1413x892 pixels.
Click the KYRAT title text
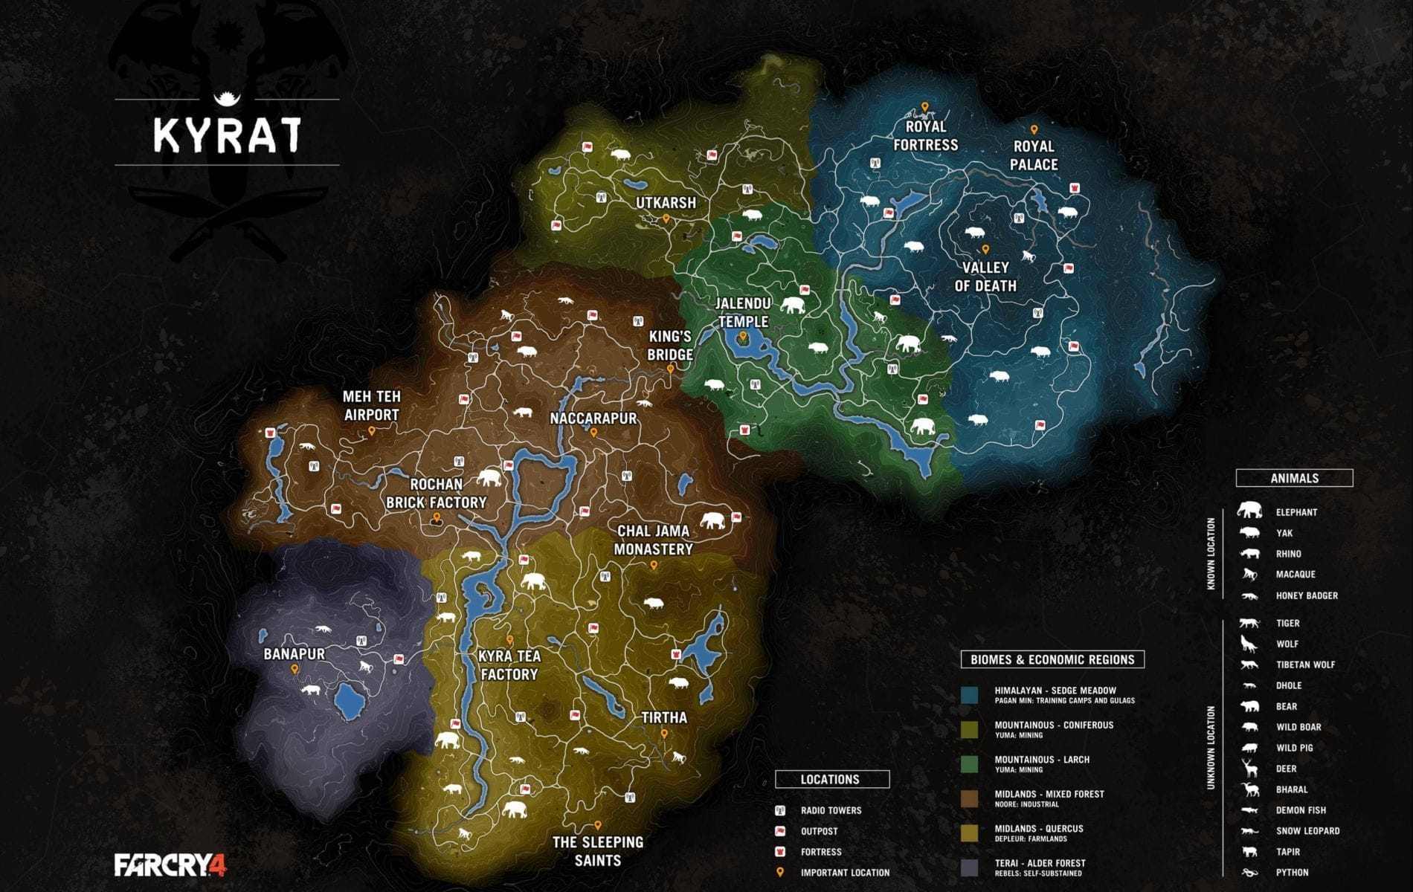point(227,134)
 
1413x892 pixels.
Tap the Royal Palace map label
point(1034,155)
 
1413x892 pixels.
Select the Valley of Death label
point(985,277)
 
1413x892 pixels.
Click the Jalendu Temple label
point(743,312)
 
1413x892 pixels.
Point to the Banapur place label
point(294,654)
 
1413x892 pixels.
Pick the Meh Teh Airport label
point(371,406)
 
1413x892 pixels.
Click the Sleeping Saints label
point(598,851)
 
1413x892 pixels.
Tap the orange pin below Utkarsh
point(666,219)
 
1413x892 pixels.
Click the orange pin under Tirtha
point(664,734)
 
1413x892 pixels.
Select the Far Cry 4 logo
point(170,865)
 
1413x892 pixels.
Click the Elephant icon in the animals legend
point(1249,511)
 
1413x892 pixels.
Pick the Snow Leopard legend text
point(1307,831)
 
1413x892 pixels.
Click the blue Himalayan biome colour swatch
point(969,695)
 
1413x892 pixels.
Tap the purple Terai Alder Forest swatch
point(969,867)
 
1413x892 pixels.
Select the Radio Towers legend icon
point(780,810)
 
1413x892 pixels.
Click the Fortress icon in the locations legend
point(780,852)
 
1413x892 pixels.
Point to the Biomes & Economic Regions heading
point(1052,659)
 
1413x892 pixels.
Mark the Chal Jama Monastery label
point(654,540)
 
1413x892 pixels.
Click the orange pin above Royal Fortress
point(925,108)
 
